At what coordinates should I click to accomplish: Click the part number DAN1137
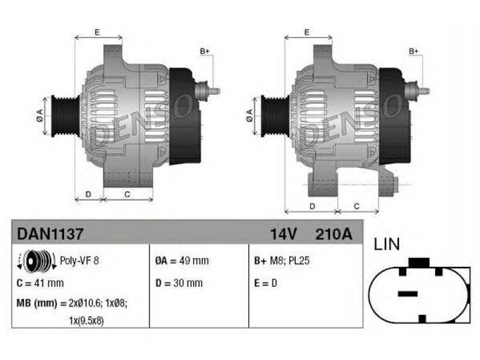pyautogui.click(x=50, y=234)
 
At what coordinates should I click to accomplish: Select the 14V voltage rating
pyautogui.click(x=283, y=234)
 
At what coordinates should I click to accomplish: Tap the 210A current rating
pyautogui.click(x=334, y=234)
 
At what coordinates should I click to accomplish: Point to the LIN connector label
pyautogui.click(x=386, y=244)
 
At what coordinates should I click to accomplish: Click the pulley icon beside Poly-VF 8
pyautogui.click(x=37, y=261)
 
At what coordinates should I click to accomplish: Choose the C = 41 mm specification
pyautogui.click(x=40, y=283)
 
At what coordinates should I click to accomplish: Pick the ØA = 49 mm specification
pyautogui.click(x=182, y=261)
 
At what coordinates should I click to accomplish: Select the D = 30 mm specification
pyautogui.click(x=179, y=283)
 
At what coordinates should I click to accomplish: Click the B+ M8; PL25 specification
pyautogui.click(x=282, y=261)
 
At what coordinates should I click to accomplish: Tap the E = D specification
pyautogui.click(x=265, y=283)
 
